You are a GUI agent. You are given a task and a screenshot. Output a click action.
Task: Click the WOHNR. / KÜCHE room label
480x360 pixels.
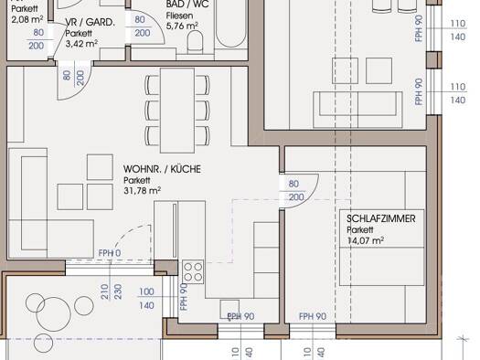click(162, 169)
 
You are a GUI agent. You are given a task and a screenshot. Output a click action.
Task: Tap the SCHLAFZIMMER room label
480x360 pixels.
click(381, 218)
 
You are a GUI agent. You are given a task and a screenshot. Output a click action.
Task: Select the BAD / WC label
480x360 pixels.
click(187, 5)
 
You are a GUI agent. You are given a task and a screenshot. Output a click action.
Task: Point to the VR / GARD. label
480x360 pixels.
click(90, 22)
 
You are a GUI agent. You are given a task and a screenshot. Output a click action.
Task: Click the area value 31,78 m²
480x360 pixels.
click(143, 191)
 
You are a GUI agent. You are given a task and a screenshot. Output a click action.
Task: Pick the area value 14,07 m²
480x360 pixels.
click(366, 240)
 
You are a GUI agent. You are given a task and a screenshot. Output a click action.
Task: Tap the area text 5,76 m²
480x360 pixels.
click(182, 26)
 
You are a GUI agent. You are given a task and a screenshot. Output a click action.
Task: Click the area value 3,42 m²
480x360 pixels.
click(81, 44)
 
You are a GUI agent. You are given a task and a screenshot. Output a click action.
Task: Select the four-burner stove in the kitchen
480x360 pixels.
click(193, 272)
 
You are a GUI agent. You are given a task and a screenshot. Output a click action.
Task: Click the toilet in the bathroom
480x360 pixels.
click(195, 42)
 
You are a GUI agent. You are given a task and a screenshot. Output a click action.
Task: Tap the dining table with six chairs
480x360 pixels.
click(177, 111)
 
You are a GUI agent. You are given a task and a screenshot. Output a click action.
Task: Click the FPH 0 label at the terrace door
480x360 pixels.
click(110, 253)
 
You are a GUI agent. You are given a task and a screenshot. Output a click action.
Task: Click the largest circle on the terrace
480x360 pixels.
click(54, 314)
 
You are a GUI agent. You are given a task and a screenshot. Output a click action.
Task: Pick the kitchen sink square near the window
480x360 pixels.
click(229, 310)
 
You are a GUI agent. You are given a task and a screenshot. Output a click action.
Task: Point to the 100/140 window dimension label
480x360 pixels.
click(146, 298)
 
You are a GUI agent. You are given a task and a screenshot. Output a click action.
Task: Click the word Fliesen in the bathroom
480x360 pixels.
click(180, 16)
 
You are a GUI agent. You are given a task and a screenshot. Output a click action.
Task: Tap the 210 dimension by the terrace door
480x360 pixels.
click(105, 292)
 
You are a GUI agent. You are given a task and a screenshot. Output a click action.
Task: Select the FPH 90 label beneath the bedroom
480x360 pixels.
click(313, 316)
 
